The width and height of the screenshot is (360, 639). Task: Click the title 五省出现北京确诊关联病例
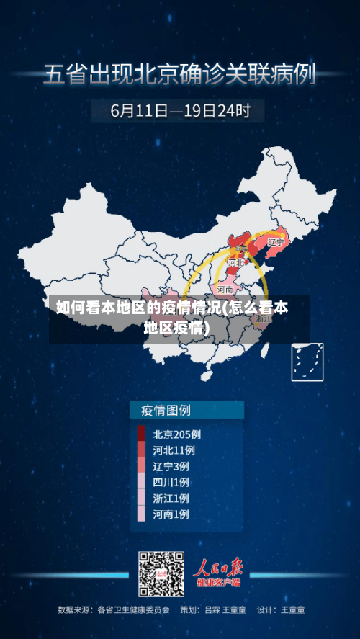[x=179, y=75]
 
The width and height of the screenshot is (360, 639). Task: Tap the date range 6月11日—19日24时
[x=180, y=111]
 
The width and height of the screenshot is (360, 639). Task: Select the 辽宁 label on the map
[x=276, y=243]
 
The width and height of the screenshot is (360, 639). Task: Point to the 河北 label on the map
[x=235, y=264]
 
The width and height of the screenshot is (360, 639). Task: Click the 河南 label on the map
[x=225, y=289]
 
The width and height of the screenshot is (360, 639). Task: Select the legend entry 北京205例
[x=176, y=434]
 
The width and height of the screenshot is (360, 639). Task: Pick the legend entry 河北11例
[x=174, y=450]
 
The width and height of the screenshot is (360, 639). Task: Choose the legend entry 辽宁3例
[x=171, y=466]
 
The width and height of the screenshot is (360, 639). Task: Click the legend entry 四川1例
[x=171, y=482]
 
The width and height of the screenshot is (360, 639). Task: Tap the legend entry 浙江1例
[x=171, y=498]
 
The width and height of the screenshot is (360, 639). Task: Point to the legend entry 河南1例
[x=171, y=514]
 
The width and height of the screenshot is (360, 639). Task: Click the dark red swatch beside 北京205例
[x=141, y=434]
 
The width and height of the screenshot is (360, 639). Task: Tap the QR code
[x=161, y=574]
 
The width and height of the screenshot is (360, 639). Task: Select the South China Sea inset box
[x=307, y=362]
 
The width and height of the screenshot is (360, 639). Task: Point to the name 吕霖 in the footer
[x=212, y=609]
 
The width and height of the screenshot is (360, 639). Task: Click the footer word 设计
[x=266, y=609]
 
